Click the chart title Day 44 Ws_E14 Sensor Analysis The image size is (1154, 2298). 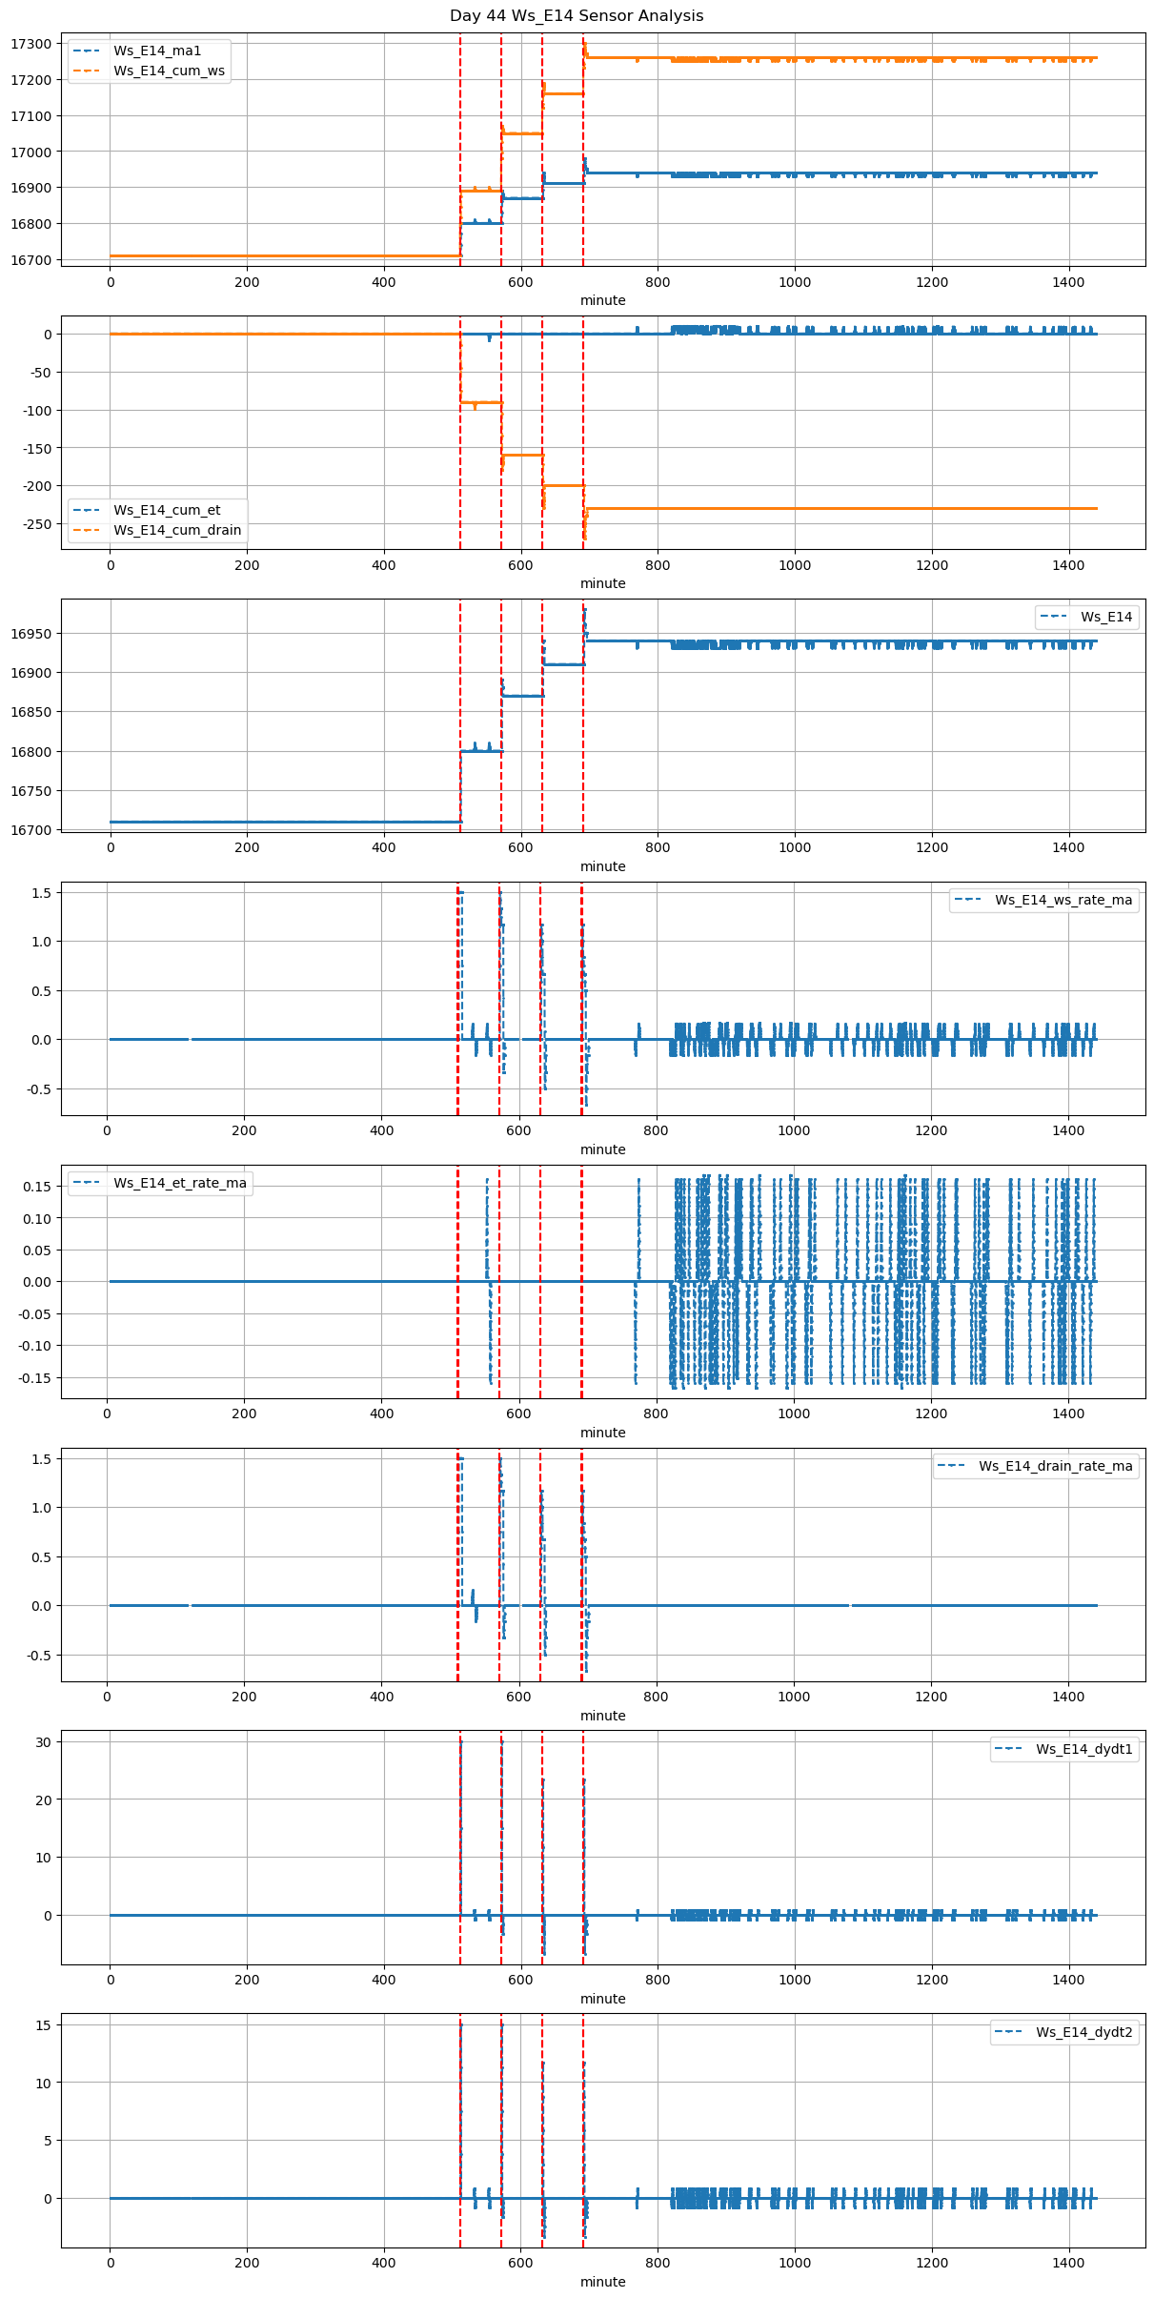click(577, 15)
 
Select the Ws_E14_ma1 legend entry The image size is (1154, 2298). click(157, 51)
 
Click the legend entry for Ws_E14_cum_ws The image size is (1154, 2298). click(169, 71)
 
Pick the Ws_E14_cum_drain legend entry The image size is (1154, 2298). click(177, 530)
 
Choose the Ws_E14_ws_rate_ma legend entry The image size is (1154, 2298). click(1063, 900)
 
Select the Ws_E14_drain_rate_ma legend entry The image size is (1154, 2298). click(1056, 1466)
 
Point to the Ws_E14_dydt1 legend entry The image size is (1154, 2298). click(1084, 1749)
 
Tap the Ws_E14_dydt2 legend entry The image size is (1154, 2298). click(1084, 2032)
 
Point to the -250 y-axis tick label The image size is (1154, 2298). click(35, 523)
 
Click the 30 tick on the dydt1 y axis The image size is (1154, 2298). click(44, 1741)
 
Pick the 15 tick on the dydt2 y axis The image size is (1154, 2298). click(44, 2024)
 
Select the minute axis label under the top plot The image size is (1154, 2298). click(603, 300)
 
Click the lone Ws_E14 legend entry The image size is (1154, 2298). click(1106, 617)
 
